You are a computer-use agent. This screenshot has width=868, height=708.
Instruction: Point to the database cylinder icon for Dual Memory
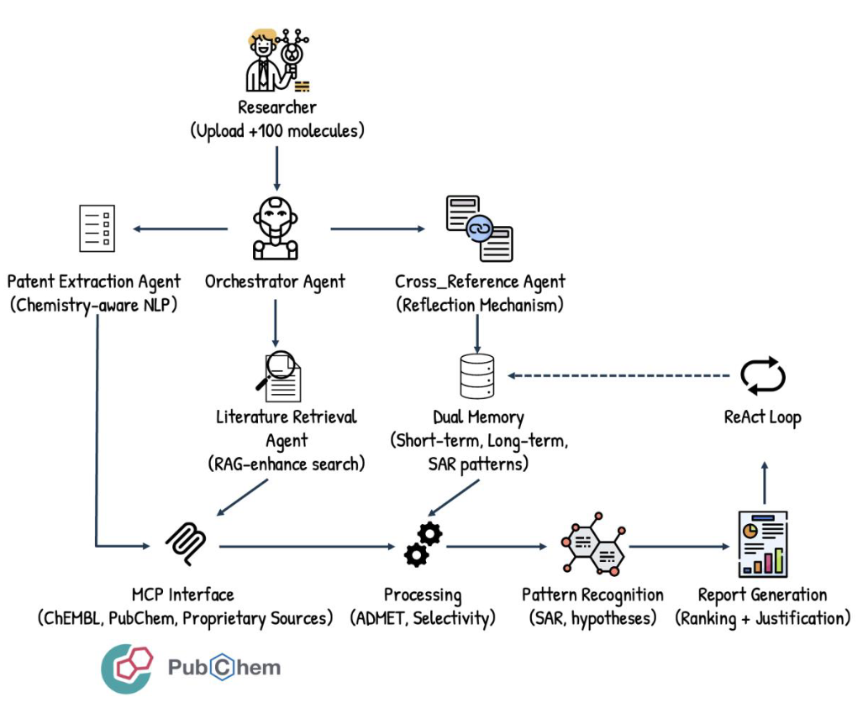pos(477,376)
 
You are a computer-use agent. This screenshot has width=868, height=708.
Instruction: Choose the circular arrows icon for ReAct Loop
pos(762,376)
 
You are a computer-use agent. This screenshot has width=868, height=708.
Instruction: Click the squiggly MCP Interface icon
pos(186,545)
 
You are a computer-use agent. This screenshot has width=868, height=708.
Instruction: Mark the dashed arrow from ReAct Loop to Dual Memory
pos(618,375)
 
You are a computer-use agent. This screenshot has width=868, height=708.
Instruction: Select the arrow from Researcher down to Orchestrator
pos(276,164)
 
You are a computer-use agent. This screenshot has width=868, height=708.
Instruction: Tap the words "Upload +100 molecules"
pos(277,130)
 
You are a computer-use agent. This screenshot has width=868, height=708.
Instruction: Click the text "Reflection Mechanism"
pos(479,305)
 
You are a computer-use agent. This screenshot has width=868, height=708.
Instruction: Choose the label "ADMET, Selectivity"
pos(422,619)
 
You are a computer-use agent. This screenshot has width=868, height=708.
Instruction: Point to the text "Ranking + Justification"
pos(763,619)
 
